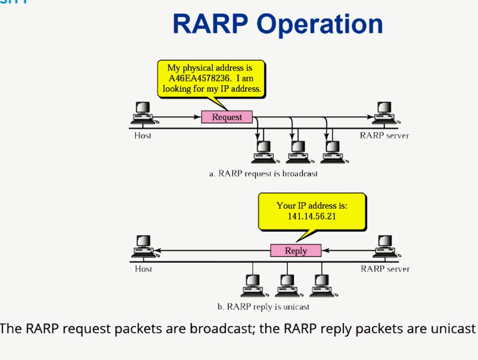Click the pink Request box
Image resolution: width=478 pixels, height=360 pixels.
coord(227,117)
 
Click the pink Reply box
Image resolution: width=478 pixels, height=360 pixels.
coord(296,250)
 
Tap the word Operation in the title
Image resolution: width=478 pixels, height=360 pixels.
coord(320,24)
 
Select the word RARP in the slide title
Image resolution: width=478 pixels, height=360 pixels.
coord(210,24)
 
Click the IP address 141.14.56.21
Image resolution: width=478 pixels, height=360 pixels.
coord(312,216)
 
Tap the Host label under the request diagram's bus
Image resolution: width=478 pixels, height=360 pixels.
coord(142,135)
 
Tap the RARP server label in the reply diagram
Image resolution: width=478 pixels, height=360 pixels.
coord(385,269)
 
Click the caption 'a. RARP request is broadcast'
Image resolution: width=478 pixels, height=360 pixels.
coord(263,174)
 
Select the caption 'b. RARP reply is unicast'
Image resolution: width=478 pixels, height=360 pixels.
coord(263,306)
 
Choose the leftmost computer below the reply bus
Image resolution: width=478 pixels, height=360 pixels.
coord(254,285)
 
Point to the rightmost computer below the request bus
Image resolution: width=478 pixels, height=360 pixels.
coord(334,152)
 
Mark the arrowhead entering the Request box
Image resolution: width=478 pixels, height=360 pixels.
coord(197,117)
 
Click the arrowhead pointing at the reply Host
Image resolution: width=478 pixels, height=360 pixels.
coord(157,250)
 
